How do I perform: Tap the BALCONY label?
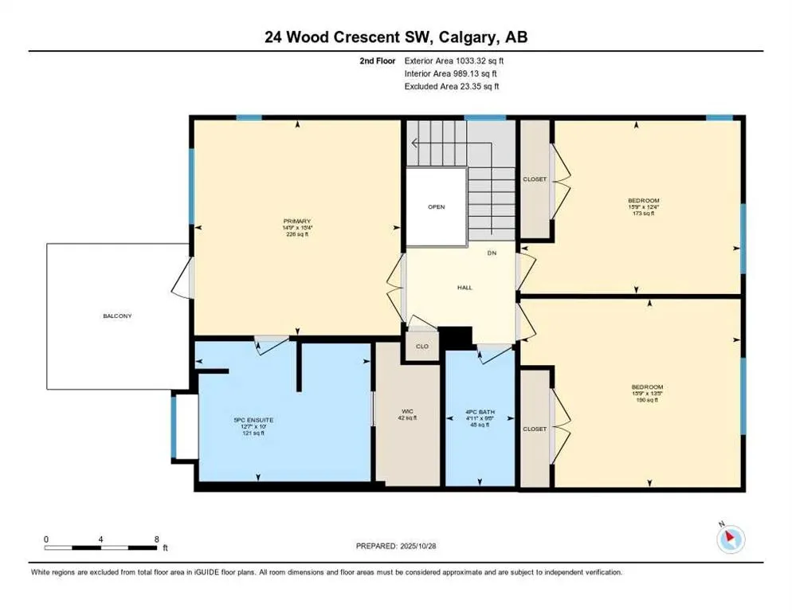pyautogui.click(x=117, y=316)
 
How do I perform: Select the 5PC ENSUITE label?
pyautogui.click(x=248, y=421)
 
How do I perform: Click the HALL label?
pyautogui.click(x=465, y=288)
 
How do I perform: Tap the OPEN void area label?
pyautogui.click(x=436, y=207)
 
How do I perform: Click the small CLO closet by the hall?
pyautogui.click(x=422, y=347)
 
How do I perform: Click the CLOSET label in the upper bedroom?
pyautogui.click(x=535, y=179)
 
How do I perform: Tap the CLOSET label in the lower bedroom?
pyautogui.click(x=535, y=429)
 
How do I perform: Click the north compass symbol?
pyautogui.click(x=730, y=539)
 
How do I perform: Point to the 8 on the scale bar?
pyautogui.click(x=155, y=539)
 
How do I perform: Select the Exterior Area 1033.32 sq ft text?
pyautogui.click(x=454, y=60)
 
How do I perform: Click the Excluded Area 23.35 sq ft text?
pyautogui.click(x=453, y=86)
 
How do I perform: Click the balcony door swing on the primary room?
pyautogui.click(x=182, y=279)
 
